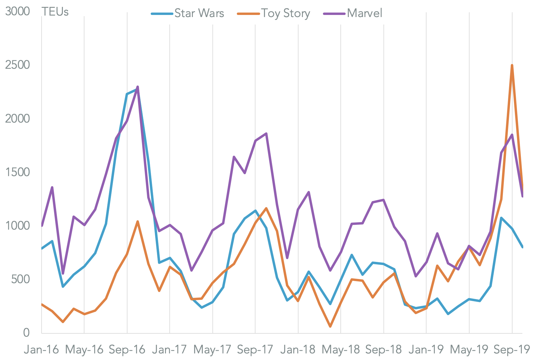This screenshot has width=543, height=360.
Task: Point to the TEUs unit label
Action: pyautogui.click(x=55, y=12)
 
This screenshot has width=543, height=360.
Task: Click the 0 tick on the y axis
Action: pyautogui.click(x=26, y=333)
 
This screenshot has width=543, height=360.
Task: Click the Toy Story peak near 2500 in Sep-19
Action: pyautogui.click(x=512, y=65)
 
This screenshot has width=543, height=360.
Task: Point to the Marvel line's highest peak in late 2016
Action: pyautogui.click(x=138, y=87)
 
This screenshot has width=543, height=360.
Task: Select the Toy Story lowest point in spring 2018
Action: pyautogui.click(x=330, y=327)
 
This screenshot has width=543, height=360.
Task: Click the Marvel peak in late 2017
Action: pyautogui.click(x=266, y=133)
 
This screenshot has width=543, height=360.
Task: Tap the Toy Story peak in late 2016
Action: pyautogui.click(x=138, y=222)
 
